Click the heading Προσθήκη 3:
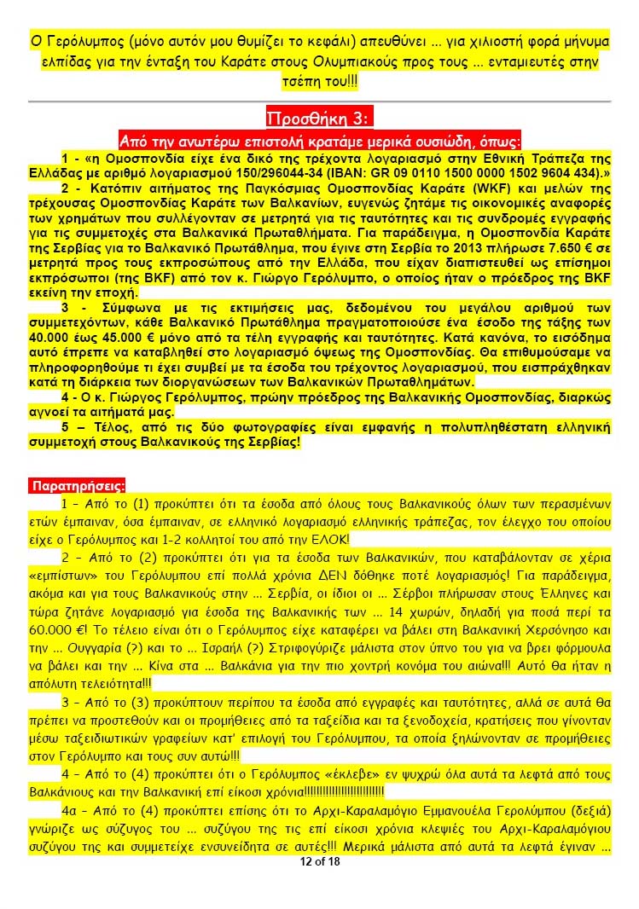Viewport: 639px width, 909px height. point(320,118)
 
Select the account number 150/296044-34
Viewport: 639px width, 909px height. point(295,171)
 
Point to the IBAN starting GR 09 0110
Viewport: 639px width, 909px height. point(470,171)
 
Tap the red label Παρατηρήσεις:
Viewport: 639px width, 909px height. point(76,486)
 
